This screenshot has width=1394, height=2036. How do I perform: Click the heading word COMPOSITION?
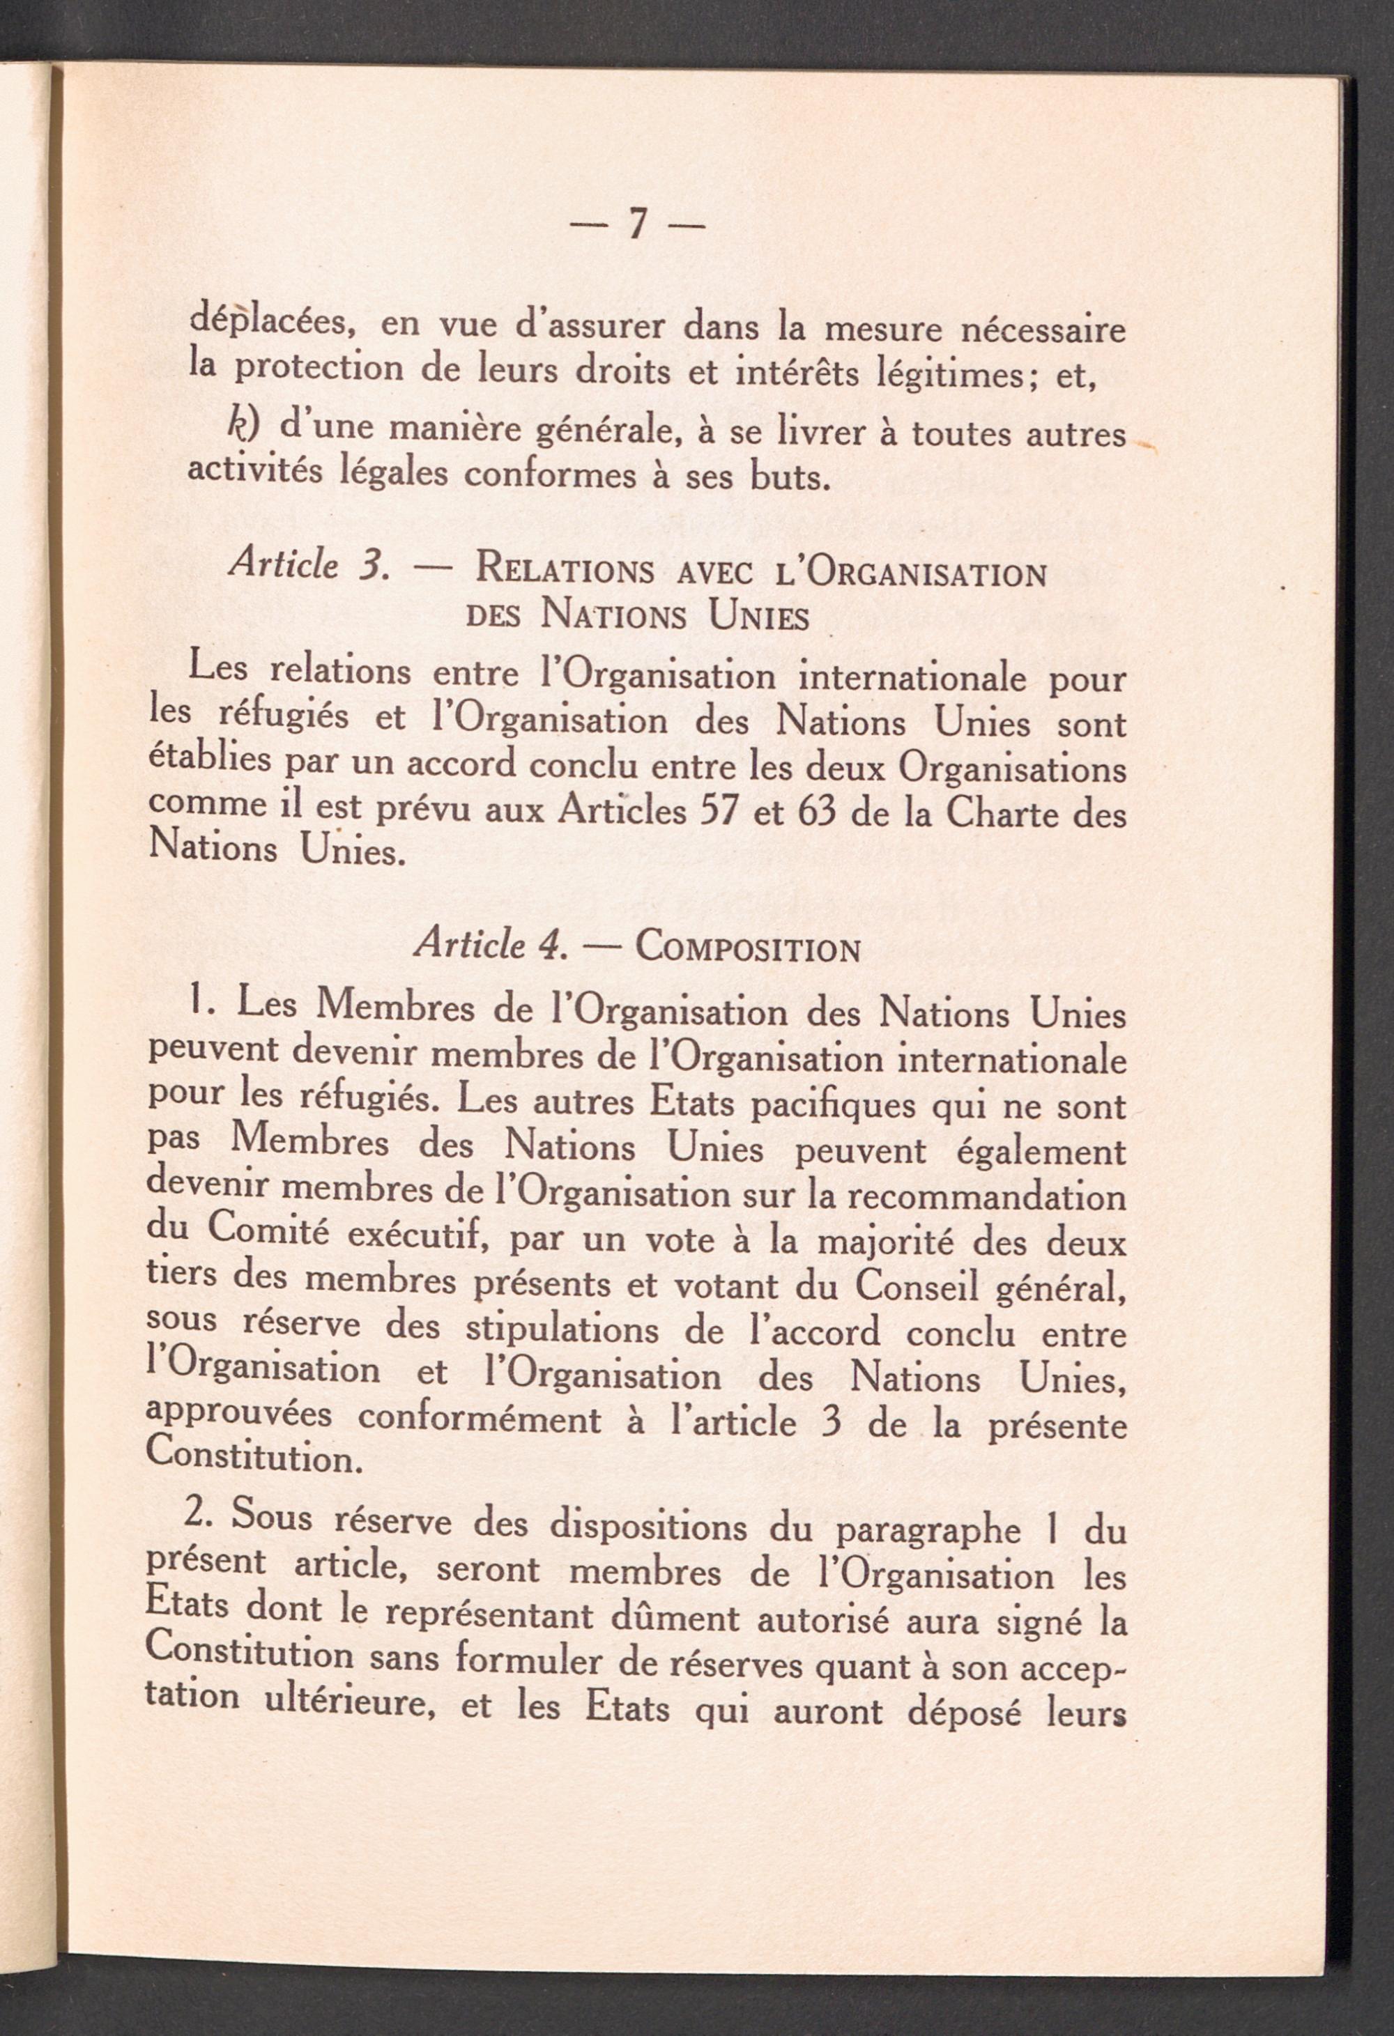(x=746, y=949)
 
